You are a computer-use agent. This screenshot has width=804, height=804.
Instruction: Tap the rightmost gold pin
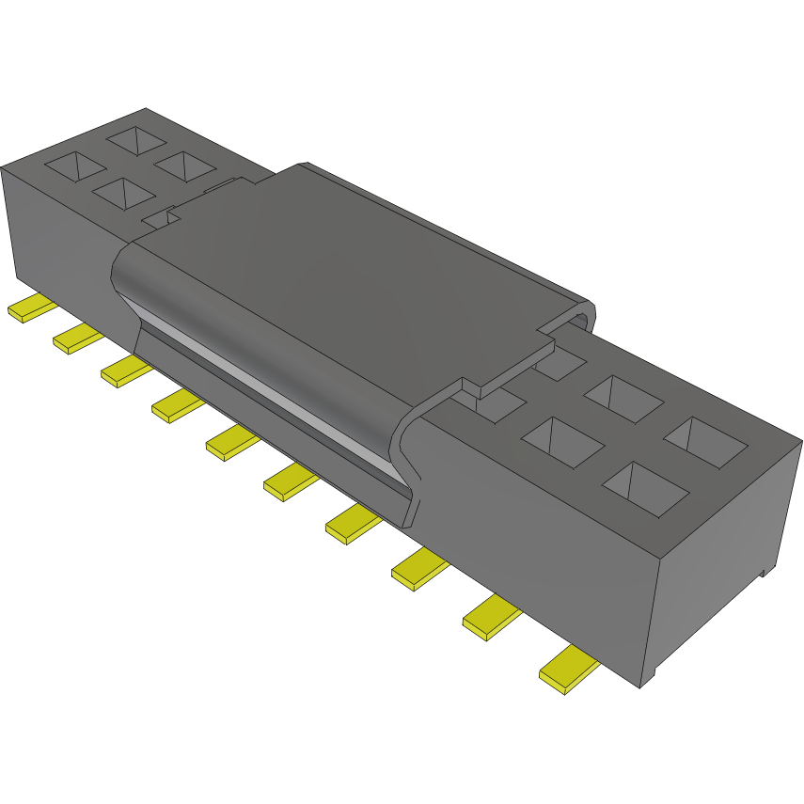(x=568, y=670)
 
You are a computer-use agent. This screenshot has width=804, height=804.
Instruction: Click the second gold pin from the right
(x=491, y=619)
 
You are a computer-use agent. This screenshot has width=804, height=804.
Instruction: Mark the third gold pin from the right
(x=418, y=570)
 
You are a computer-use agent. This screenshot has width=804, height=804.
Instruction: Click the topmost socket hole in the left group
(x=137, y=140)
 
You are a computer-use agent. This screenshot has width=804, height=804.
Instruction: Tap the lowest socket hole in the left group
(x=123, y=194)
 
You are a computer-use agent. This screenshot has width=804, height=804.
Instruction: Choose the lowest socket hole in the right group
(x=644, y=488)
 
